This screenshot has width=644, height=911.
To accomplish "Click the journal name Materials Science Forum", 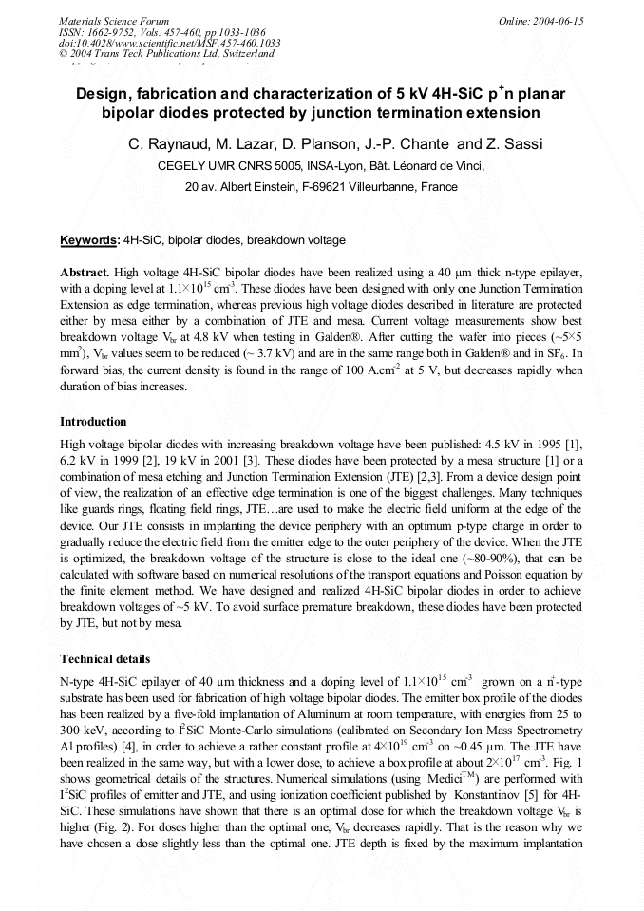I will pyautogui.click(x=114, y=20).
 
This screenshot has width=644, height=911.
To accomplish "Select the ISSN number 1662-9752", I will pyautogui.click(x=117, y=31).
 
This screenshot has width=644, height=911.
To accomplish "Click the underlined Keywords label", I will pyautogui.click(x=88, y=240).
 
